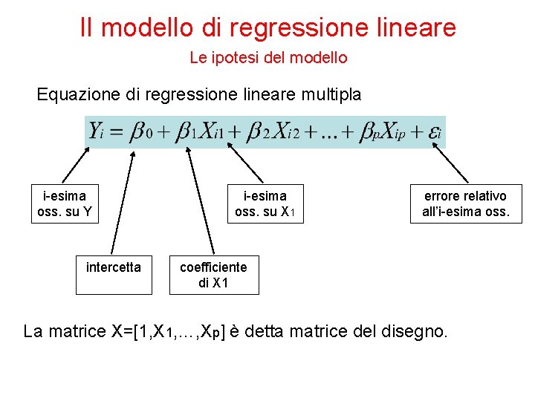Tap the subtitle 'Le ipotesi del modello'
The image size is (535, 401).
click(268, 57)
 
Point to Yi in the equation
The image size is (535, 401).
click(97, 131)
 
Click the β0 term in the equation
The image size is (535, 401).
click(140, 132)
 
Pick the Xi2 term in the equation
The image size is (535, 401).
click(283, 132)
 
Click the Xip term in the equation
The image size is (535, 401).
click(392, 132)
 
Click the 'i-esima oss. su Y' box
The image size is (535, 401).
click(65, 203)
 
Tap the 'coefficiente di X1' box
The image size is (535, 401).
click(214, 275)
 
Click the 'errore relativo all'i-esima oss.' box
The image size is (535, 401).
click(465, 203)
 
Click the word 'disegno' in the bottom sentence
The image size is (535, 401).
click(417, 331)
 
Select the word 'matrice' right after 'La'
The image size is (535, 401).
click(77, 331)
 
